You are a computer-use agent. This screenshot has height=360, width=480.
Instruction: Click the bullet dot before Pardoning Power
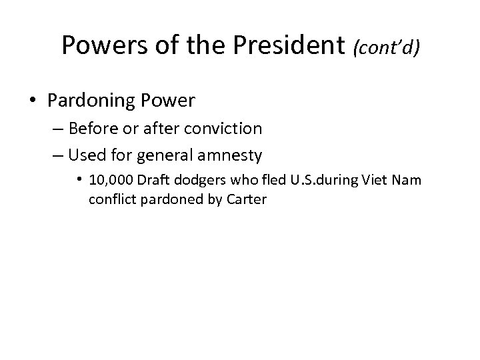pyautogui.click(x=32, y=101)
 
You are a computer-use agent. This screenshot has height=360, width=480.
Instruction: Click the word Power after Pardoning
pyautogui.click(x=171, y=101)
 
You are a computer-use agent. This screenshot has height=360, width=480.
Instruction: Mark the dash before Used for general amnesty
pyautogui.click(x=59, y=156)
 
